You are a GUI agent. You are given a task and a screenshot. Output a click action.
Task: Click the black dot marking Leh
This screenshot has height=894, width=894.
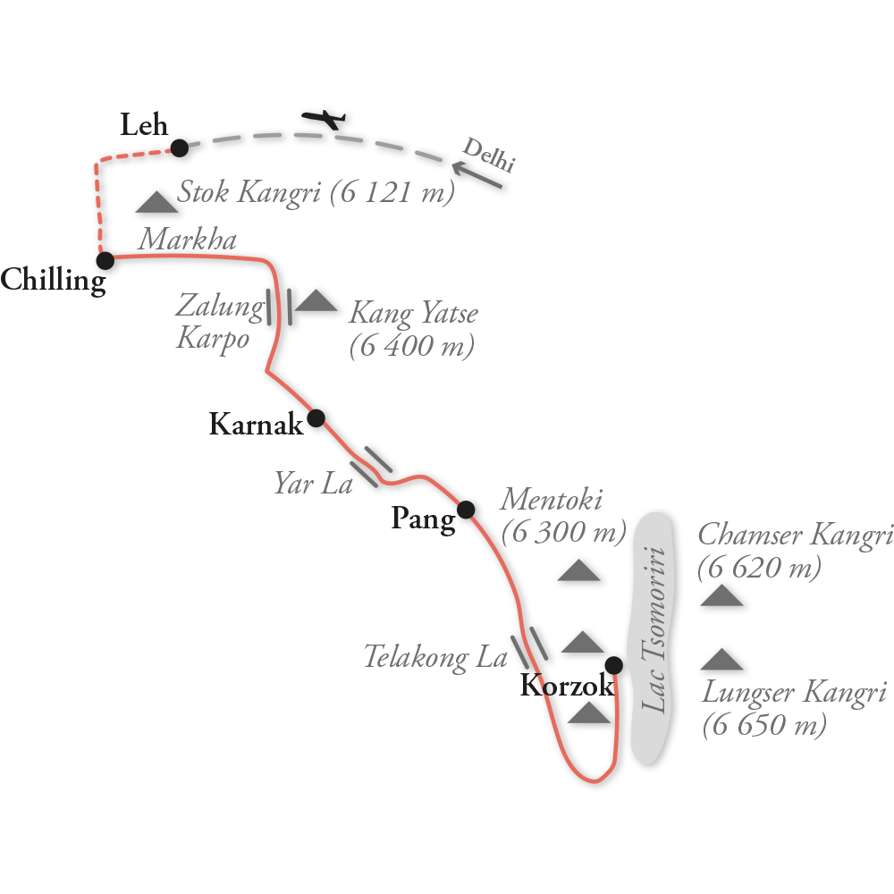(x=180, y=148)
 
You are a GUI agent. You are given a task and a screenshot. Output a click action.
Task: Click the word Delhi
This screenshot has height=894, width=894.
(x=489, y=153)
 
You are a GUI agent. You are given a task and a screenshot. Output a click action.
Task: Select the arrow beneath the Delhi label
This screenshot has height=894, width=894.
(x=477, y=174)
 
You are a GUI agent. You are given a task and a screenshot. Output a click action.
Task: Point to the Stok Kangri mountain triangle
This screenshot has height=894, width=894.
(x=156, y=203)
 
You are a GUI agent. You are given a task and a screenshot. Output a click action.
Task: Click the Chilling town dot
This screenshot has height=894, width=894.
(x=105, y=260)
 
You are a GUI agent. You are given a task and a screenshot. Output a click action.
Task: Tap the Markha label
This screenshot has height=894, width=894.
(x=187, y=240)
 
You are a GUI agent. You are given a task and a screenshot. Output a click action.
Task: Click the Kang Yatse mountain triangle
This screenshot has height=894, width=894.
(x=316, y=300)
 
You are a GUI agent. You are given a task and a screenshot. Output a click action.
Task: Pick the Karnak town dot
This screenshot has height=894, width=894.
(x=316, y=417)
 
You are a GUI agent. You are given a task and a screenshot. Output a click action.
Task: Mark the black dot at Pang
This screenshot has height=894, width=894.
(x=466, y=510)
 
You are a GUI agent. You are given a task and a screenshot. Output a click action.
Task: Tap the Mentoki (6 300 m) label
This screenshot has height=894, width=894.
(x=563, y=516)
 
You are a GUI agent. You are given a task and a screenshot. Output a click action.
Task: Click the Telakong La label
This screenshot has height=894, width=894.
(x=435, y=658)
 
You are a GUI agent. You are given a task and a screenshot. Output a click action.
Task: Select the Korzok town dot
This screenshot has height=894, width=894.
(x=613, y=664)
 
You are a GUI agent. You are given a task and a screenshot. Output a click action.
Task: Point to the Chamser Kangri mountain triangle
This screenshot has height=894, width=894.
(x=721, y=595)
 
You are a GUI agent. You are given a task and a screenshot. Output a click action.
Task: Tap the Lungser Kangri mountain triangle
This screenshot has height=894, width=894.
(x=721, y=660)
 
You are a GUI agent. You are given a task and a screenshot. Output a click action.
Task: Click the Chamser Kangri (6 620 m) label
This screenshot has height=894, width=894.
(x=794, y=551)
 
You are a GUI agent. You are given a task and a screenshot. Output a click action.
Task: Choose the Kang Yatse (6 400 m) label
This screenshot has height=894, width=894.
(x=412, y=329)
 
